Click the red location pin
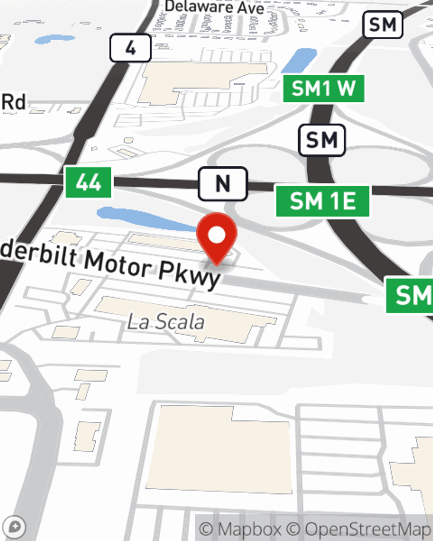(216, 236)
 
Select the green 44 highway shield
(88, 182)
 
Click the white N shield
(223, 184)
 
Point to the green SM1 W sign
(323, 89)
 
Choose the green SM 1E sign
(323, 201)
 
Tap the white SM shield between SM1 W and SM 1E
(322, 140)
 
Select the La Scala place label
(166, 322)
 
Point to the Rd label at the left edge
(13, 102)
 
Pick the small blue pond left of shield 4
(54, 39)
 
